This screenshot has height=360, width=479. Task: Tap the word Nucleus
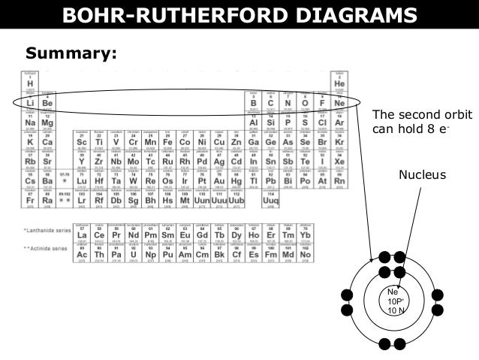422,175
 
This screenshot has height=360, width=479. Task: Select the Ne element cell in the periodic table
339,101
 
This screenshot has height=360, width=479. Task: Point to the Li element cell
30,101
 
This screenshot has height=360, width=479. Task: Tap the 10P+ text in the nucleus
394,301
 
